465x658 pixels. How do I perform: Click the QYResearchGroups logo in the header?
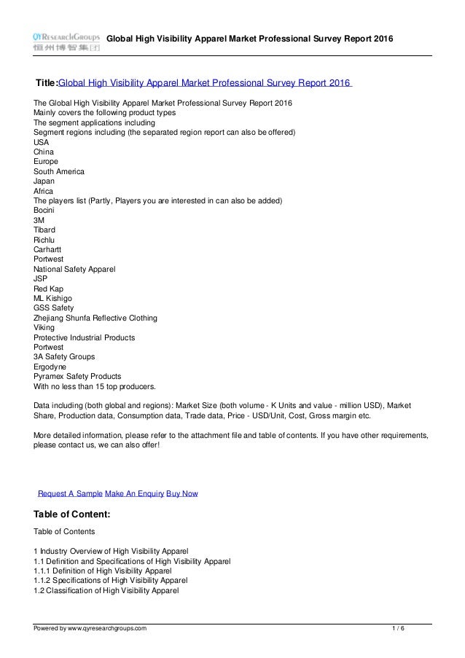pos(66,41)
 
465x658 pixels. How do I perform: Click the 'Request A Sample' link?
pos(70,493)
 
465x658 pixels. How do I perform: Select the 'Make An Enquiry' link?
pos(134,493)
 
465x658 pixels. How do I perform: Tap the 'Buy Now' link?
pos(182,493)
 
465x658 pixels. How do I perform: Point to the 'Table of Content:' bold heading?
pos(72,514)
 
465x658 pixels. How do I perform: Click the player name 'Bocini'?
pos(44,211)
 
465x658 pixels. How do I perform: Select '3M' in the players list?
pos(39,220)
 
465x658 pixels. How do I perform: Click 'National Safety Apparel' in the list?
pos(74,270)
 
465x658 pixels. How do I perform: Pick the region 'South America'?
pos(59,171)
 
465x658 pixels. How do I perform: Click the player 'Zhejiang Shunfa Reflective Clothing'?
pos(95,318)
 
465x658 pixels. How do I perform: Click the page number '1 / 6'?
pos(396,628)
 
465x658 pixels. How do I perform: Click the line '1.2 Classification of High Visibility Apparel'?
pos(106,591)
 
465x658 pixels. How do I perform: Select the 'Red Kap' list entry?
pos(48,289)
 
